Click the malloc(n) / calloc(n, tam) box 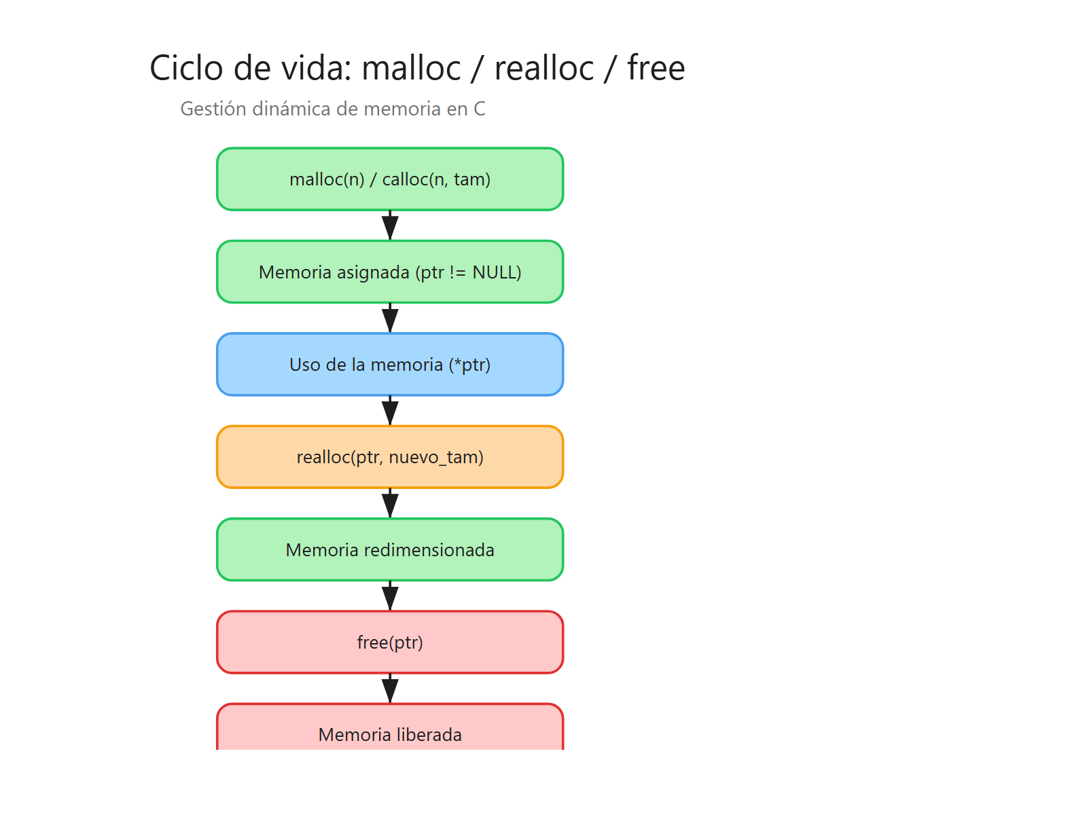tap(390, 179)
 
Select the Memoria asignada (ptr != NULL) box tap(390, 272)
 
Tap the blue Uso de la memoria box tap(390, 365)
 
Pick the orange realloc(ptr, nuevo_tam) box tap(390, 457)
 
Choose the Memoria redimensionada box tap(390, 549)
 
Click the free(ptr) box tap(390, 642)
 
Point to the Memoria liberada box tap(390, 730)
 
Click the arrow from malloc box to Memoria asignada tap(390, 225)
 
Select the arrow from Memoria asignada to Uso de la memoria tap(390, 318)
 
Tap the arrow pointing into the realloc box tap(390, 411)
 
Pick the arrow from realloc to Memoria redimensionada tap(390, 503)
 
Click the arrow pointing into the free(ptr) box tap(390, 596)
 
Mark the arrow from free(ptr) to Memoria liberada tap(390, 689)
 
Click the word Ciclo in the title tap(186, 68)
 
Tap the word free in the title tap(656, 68)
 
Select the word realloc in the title tap(543, 68)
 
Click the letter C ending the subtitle tap(480, 109)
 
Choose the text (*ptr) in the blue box tap(469, 365)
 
